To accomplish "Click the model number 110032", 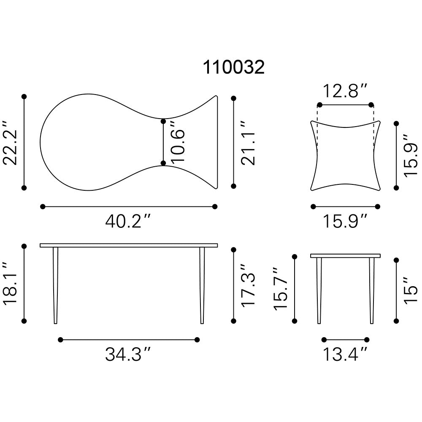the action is click(234, 67).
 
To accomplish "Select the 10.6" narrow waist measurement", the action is click(178, 142).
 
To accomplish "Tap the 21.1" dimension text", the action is click(248, 143).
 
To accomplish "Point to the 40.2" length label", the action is click(127, 221).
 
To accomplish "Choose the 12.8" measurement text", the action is click(345, 91).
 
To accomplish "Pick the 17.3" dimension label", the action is click(248, 285).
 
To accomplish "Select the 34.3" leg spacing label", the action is click(127, 354).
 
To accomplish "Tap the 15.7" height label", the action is click(281, 289).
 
